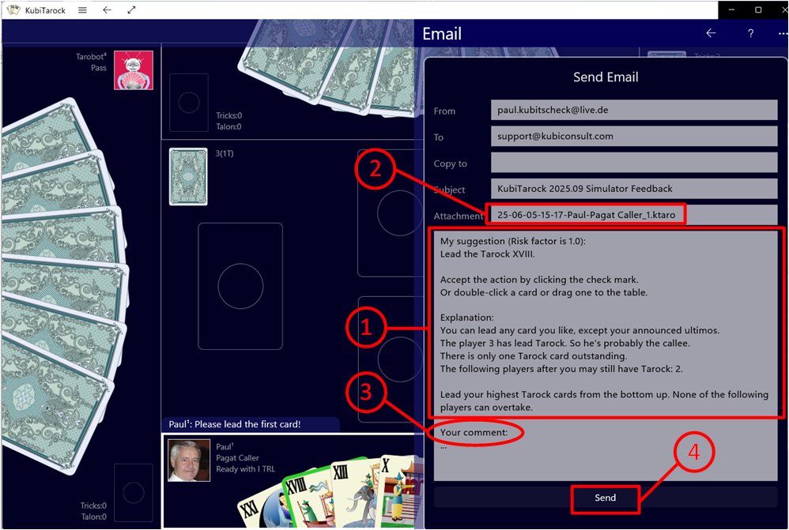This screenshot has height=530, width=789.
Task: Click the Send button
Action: (605, 498)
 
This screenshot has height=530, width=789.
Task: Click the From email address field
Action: (634, 110)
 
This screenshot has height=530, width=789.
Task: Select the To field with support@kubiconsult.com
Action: (634, 137)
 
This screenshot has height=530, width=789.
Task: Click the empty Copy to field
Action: (634, 163)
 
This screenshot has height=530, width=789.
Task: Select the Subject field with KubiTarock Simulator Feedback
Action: (634, 189)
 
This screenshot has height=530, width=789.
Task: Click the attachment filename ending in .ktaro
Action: (586, 215)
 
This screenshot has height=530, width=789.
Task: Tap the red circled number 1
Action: (366, 327)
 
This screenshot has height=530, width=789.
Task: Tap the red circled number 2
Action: (375, 168)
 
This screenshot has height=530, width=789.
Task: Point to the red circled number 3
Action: (366, 392)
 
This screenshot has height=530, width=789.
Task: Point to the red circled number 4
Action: (694, 452)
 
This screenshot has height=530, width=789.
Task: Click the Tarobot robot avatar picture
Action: (134, 70)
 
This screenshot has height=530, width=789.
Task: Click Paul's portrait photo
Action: (189, 460)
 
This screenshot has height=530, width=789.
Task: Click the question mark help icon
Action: (750, 33)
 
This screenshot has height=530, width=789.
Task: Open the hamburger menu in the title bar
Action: (82, 10)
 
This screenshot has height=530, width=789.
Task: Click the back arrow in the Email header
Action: (711, 33)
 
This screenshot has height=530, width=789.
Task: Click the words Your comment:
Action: (474, 432)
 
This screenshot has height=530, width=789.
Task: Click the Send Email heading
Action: (606, 77)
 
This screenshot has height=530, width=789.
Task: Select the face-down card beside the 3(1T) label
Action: (188, 176)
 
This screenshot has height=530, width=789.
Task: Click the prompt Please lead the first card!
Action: (247, 424)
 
